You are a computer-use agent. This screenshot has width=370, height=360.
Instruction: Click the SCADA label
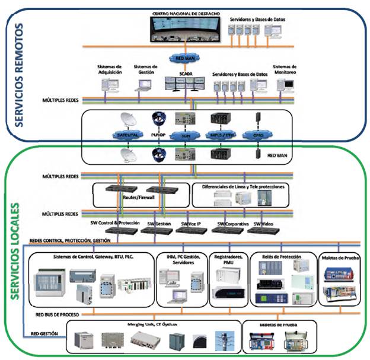(x=186, y=74)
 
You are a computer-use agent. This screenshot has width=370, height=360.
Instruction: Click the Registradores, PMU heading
(x=227, y=259)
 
